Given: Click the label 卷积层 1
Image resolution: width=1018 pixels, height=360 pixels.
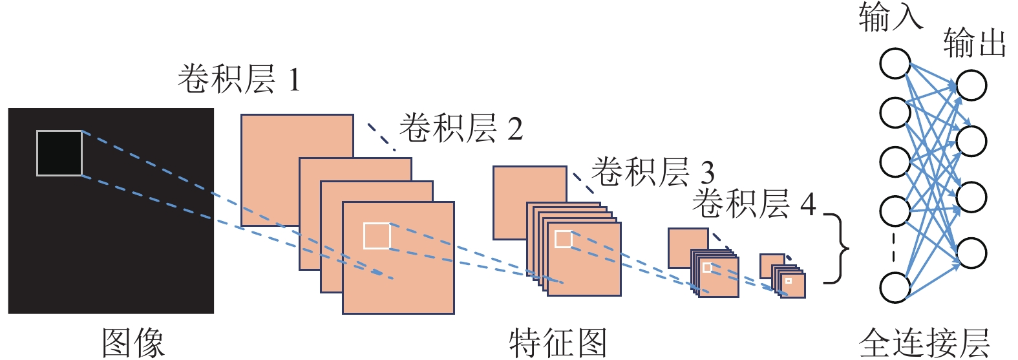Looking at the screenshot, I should coord(239,79).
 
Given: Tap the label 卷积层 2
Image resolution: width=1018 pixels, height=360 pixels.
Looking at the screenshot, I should coord(461,128).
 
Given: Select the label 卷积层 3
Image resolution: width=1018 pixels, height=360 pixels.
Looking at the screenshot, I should coord(653,172).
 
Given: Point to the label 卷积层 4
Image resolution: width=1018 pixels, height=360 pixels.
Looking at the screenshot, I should coord(754,204).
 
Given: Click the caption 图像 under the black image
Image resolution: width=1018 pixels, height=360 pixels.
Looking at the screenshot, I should coord(133,342).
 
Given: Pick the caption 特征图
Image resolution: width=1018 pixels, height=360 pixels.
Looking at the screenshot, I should coord(558,342).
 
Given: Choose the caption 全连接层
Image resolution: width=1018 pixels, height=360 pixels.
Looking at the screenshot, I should coord(924,342).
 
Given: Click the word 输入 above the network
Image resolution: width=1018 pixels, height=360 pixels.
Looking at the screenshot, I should coord(890,17).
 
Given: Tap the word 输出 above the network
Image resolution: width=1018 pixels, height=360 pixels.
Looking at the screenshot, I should coord(974,43).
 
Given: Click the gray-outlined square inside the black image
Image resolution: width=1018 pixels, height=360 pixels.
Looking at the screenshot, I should coord(59,153).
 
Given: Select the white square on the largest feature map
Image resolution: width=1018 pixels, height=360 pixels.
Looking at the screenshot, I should coord(377,236).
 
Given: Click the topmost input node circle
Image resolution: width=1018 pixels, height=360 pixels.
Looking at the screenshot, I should coord(895,63).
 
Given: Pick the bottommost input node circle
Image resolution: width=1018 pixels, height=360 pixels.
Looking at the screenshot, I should coord(895,287).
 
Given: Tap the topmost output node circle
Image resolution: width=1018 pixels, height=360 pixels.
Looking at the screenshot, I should coord(971,85).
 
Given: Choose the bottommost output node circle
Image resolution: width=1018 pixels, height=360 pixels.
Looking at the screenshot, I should coord(971,253).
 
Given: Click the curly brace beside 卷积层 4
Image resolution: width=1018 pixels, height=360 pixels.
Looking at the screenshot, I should coord(840,248).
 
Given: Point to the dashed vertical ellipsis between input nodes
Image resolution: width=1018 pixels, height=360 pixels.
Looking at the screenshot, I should coord(895,248).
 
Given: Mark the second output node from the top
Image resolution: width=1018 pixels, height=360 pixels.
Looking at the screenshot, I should coord(971,141).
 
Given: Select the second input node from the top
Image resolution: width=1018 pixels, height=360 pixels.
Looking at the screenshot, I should coord(895,112).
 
